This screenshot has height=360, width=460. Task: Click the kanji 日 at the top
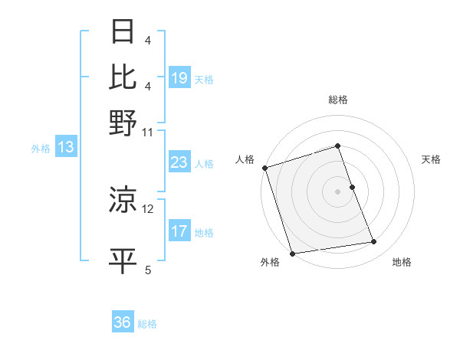(123, 31)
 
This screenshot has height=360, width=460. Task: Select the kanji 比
(123, 77)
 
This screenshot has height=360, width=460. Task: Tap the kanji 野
(123, 122)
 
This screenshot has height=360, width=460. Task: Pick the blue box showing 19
(179, 78)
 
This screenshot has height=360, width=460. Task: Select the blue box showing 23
(179, 163)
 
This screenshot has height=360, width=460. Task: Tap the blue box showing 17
(179, 232)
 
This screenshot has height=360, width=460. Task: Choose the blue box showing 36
(123, 322)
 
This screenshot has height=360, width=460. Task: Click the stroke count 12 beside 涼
(148, 208)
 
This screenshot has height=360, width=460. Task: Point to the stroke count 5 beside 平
(148, 270)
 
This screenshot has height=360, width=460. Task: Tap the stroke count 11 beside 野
(148, 132)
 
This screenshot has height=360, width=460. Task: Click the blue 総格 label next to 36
(148, 324)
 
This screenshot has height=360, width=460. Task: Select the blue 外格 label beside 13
(41, 149)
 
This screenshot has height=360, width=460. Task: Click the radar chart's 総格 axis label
(337, 100)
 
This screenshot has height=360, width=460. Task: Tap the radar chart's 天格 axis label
(431, 159)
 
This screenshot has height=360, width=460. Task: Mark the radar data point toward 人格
(264, 168)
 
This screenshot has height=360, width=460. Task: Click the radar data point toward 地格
(374, 242)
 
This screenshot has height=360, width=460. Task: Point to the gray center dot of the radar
(337, 191)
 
